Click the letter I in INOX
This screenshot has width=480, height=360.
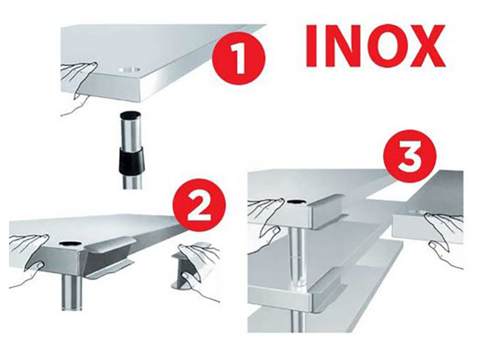pyautogui.click(x=311, y=46)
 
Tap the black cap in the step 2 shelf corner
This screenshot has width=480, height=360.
pyautogui.click(x=71, y=244)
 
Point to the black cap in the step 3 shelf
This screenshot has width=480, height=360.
pyautogui.click(x=295, y=202)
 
